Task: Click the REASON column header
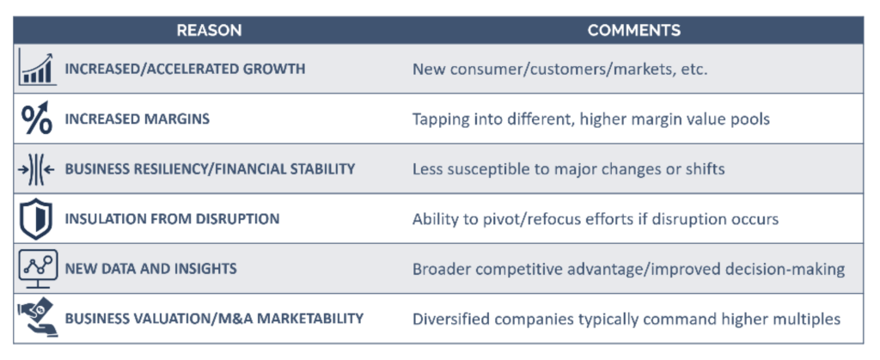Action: click(209, 30)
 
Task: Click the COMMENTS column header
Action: click(633, 30)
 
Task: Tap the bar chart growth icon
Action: click(37, 67)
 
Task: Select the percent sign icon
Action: click(37, 119)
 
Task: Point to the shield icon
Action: click(36, 219)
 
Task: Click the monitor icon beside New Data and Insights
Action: click(38, 269)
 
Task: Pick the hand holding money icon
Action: click(37, 319)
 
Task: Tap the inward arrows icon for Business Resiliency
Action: click(36, 168)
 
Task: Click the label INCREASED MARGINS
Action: click(137, 119)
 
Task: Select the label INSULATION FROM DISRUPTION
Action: click(172, 219)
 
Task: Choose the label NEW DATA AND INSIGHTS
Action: click(151, 269)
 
